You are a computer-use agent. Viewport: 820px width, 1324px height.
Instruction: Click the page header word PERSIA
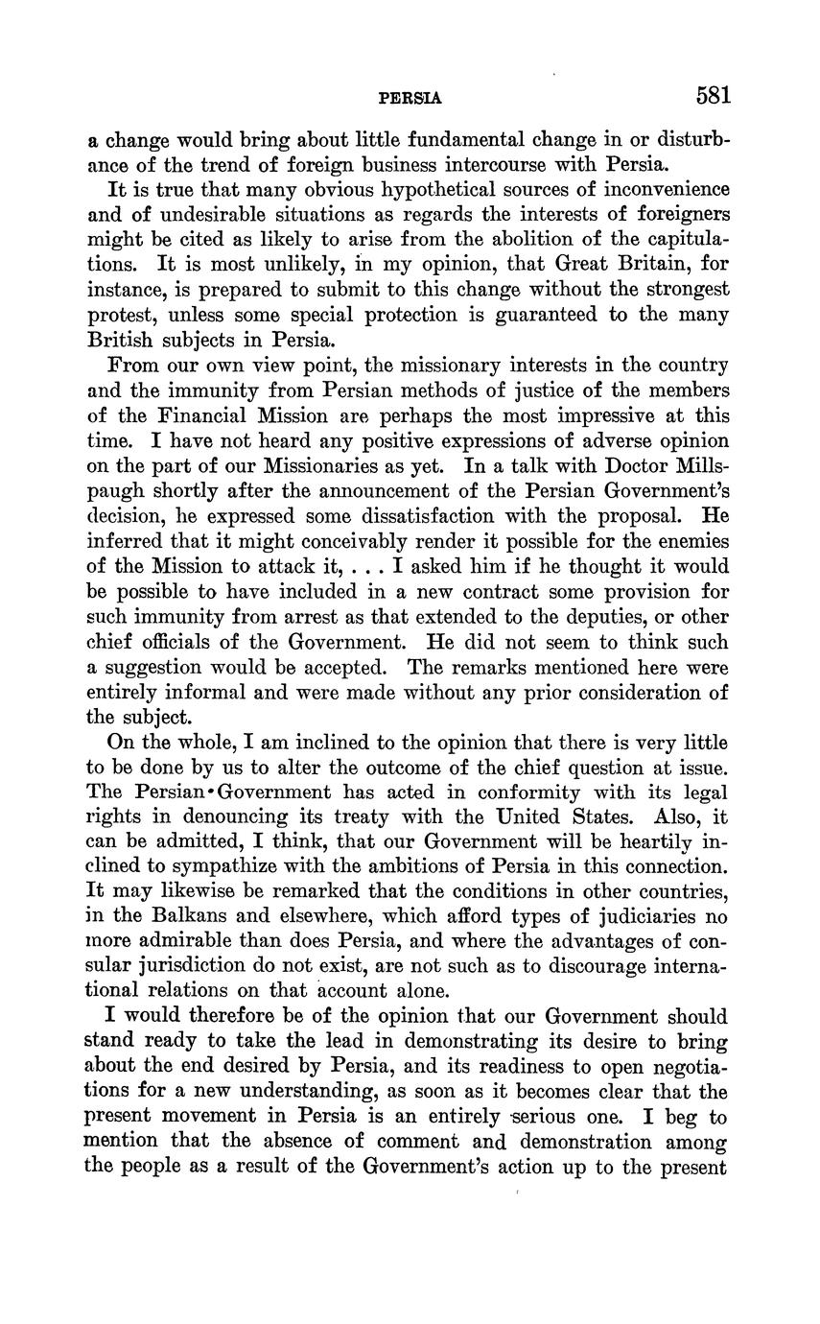coord(410,98)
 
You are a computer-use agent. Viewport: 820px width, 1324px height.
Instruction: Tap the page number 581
coord(715,96)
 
